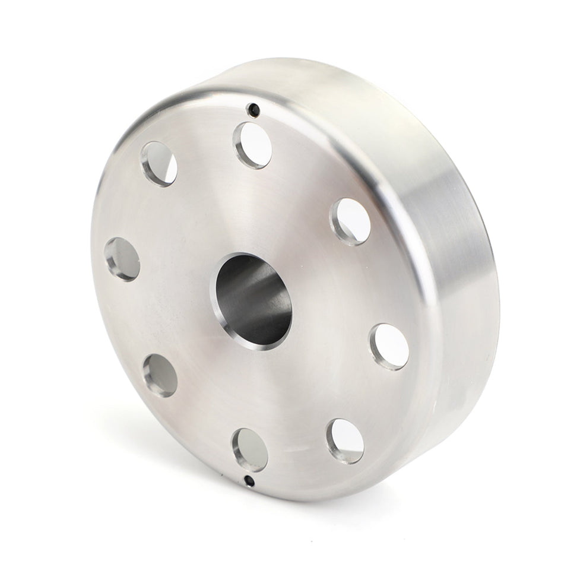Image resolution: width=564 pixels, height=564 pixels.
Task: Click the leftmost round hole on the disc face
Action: pos(122,259)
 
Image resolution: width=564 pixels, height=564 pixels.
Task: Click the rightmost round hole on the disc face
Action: pos(389,347)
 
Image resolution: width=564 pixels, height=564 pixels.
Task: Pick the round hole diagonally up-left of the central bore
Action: pos(159,163)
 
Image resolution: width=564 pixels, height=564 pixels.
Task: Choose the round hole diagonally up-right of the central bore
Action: pos(350,221)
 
